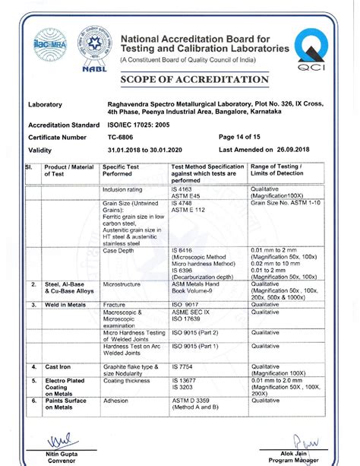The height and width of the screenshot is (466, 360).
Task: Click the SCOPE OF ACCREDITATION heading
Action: [194, 80]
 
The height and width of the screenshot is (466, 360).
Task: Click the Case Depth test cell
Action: [118, 250]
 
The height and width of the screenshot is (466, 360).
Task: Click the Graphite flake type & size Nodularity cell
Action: [131, 370]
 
